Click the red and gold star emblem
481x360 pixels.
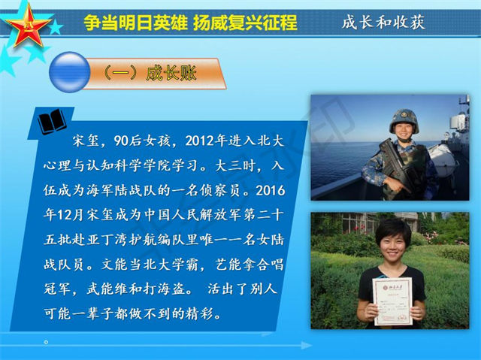point(29,26)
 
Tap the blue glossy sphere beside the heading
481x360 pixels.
point(70,72)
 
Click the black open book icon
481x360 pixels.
point(52,122)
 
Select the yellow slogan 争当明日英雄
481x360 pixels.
point(135,23)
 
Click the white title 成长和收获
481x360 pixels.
point(383,22)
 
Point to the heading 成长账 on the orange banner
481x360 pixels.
point(171,74)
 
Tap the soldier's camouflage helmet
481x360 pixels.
point(404,122)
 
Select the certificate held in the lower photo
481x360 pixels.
point(392,301)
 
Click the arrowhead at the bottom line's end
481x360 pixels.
point(307,345)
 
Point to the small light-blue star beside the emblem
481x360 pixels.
point(56,27)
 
